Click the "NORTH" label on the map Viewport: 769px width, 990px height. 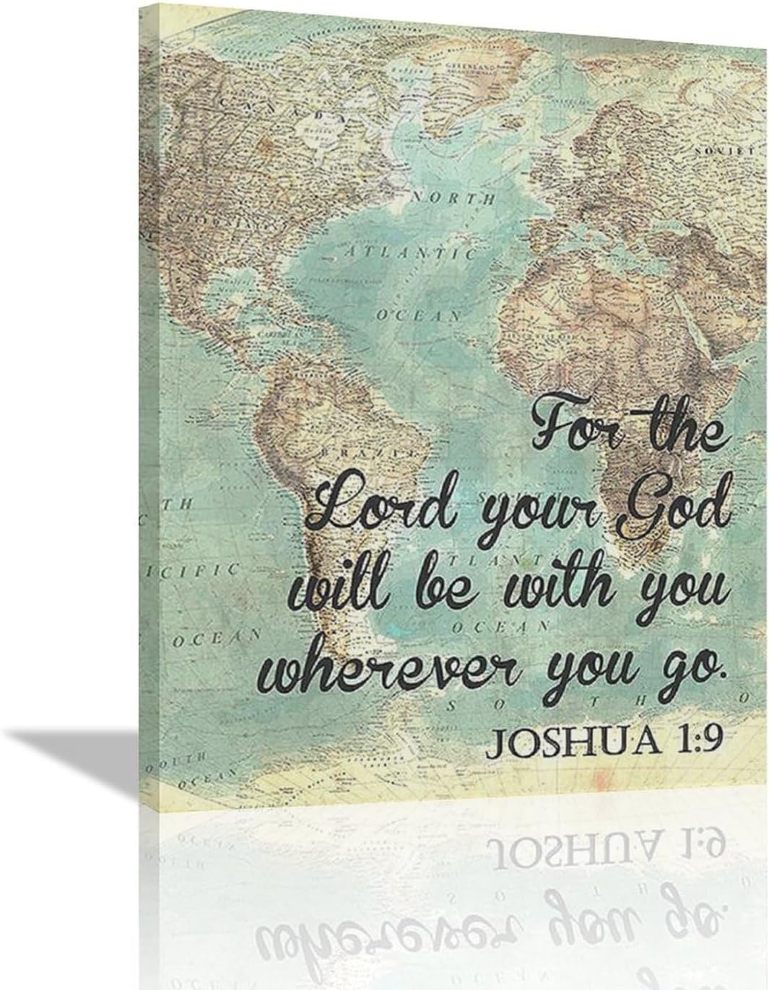453,197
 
